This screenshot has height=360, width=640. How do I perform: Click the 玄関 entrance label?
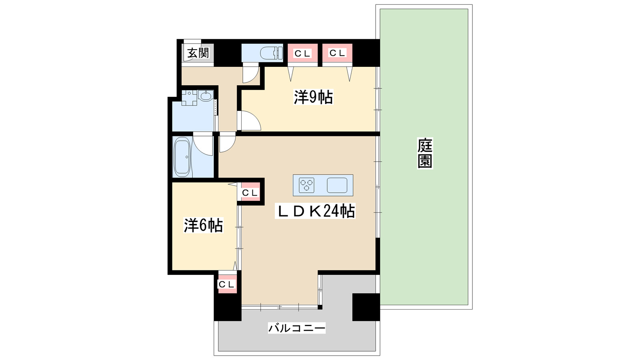(198, 53)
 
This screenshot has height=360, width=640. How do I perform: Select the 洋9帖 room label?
(313, 97)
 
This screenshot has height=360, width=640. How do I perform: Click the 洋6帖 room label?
(203, 226)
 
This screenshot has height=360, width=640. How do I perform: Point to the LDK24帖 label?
(315, 211)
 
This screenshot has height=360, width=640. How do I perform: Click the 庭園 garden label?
(425, 153)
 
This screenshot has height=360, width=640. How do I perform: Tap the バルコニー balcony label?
(296, 328)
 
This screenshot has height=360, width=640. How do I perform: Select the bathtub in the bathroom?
(182, 157)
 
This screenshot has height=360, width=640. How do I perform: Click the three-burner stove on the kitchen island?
(307, 185)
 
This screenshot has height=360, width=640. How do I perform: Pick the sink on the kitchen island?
(337, 185)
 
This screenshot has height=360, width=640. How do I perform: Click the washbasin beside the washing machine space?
(206, 96)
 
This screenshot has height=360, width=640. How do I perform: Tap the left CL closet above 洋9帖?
(302, 53)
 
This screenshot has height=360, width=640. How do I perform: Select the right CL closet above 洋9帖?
(337, 53)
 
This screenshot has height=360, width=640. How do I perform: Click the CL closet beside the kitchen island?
(250, 193)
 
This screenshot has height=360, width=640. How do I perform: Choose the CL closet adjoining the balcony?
(227, 284)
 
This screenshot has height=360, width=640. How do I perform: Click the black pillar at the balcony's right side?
(366, 307)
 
